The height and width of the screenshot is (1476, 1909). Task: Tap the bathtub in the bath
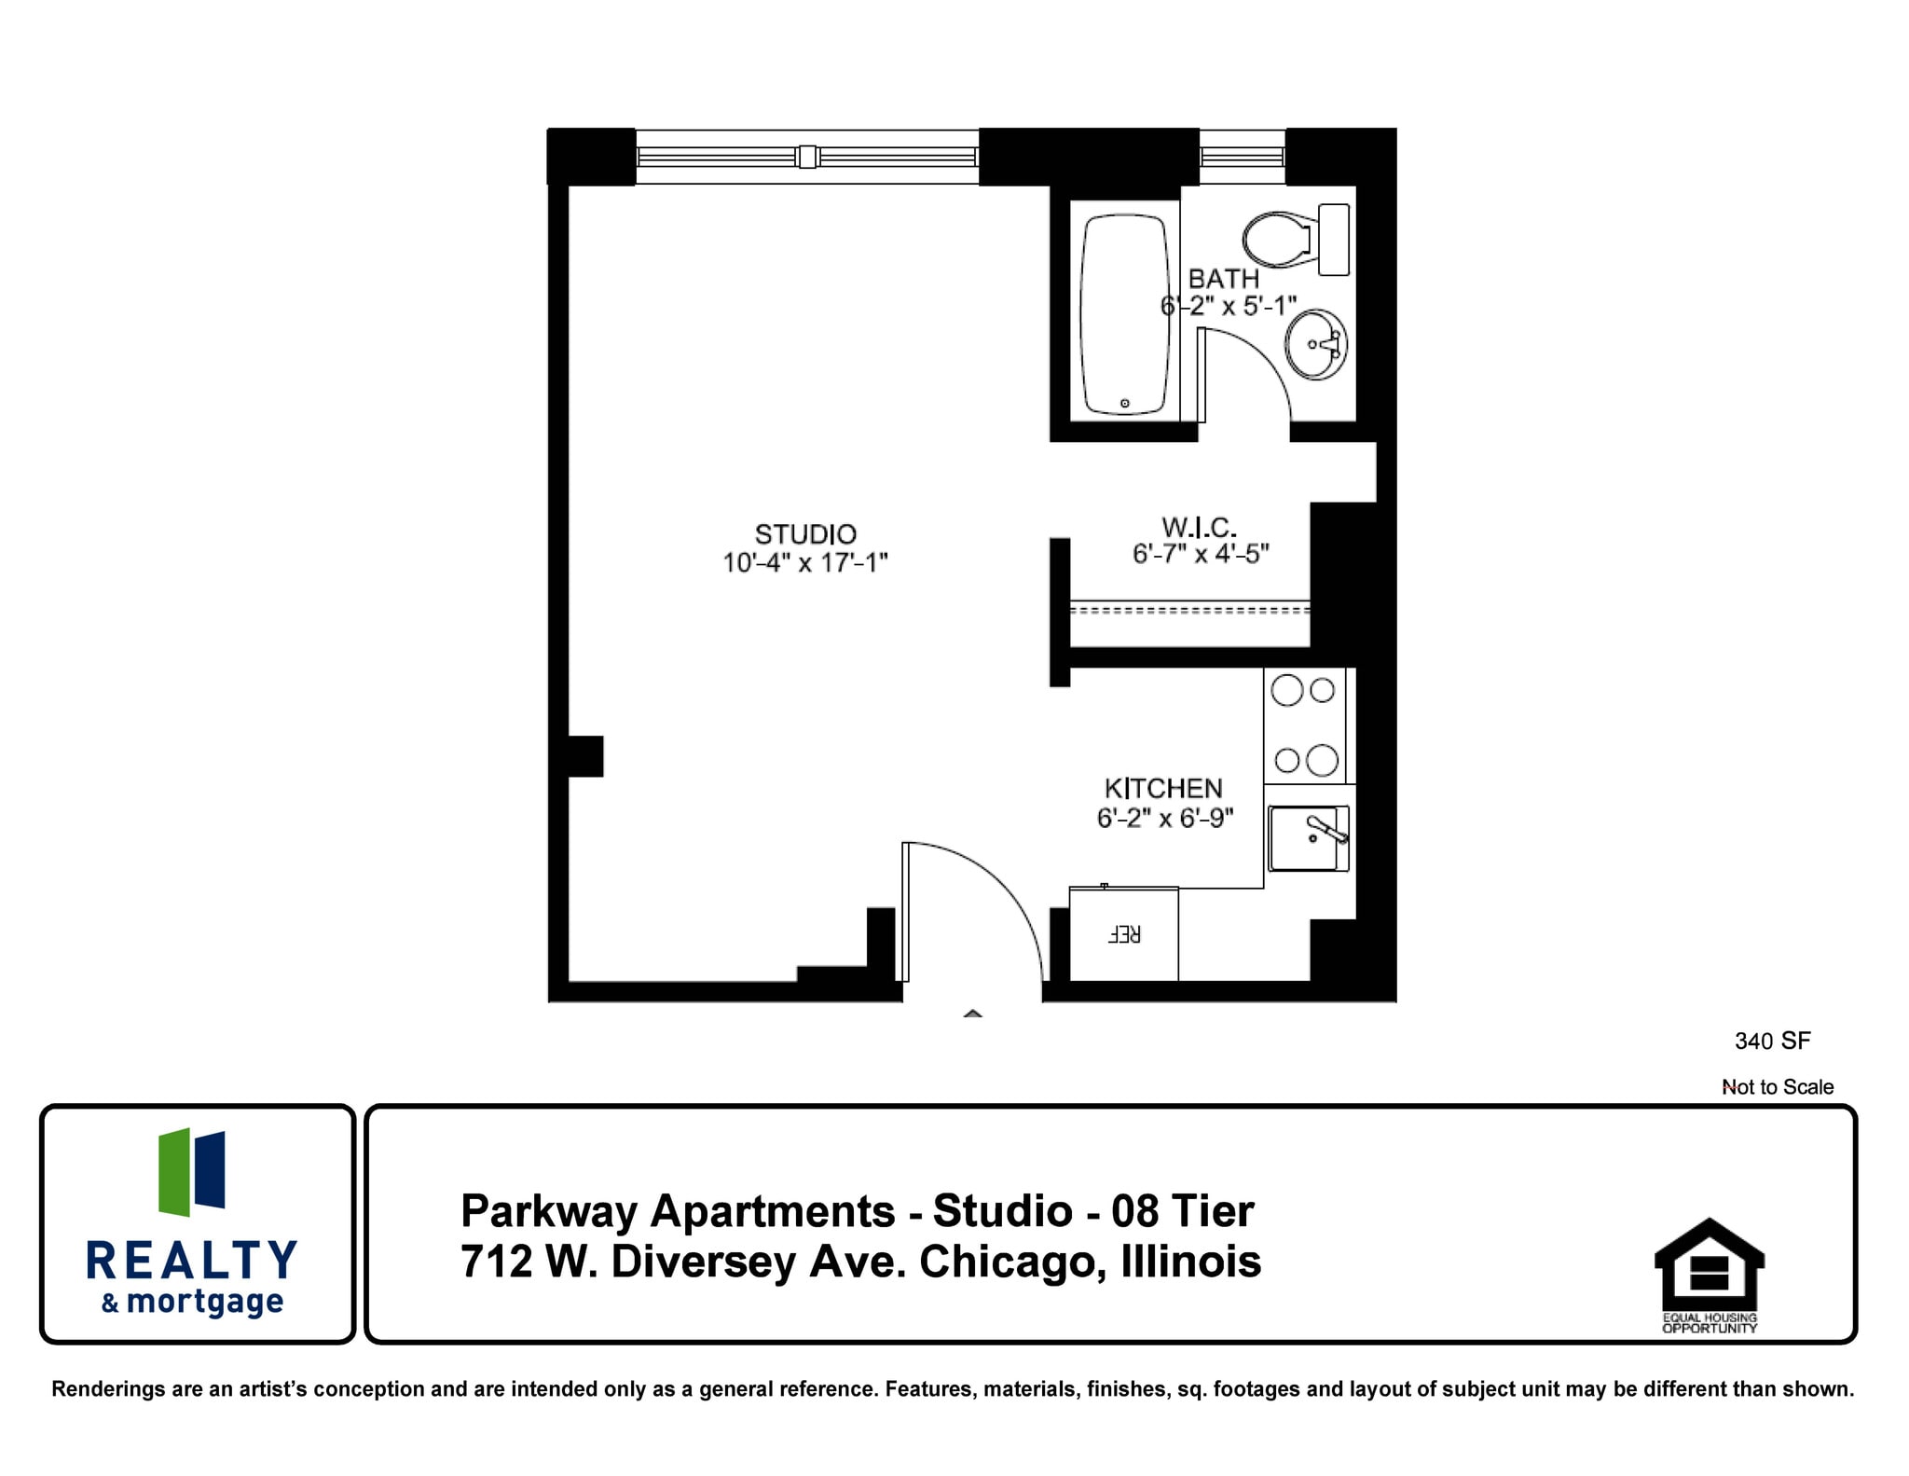[1124, 313]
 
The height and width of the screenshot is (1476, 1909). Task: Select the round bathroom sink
[1315, 343]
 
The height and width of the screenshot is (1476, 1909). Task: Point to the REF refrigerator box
[1123, 933]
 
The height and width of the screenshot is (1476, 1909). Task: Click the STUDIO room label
[805, 534]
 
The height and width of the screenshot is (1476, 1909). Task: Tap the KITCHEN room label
[1163, 789]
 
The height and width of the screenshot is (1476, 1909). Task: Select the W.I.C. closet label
[1200, 528]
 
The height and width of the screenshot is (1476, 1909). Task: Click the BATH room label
[1223, 279]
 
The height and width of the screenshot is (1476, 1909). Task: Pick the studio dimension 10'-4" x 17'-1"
[805, 563]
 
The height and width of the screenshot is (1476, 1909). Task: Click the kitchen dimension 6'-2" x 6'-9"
[1165, 819]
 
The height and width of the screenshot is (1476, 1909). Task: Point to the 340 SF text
[1772, 1041]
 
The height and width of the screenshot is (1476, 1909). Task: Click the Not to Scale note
[1778, 1087]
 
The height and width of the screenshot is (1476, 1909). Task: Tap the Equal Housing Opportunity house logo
[1709, 1266]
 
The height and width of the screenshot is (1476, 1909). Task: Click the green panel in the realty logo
[174, 1172]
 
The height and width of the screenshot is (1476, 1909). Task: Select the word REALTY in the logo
[192, 1261]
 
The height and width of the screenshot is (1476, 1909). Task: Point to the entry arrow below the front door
[973, 1014]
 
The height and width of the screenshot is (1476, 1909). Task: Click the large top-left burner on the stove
[1286, 691]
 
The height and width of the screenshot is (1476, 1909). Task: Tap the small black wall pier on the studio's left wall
[585, 756]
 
